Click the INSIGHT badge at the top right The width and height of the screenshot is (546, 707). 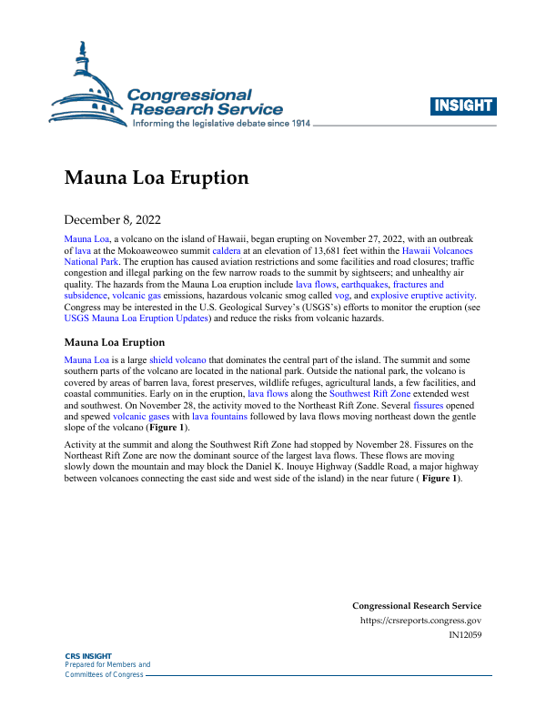pyautogui.click(x=463, y=106)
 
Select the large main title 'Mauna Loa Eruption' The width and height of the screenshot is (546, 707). pyautogui.click(x=157, y=177)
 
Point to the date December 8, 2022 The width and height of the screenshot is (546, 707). pyautogui.click(x=112, y=219)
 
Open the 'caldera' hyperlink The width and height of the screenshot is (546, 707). pyautogui.click(x=228, y=248)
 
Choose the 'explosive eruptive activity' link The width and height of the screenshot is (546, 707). pyautogui.click(x=424, y=296)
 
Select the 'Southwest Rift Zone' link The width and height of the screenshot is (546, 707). pyautogui.click(x=370, y=396)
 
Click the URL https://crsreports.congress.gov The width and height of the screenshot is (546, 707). pyautogui.click(x=421, y=621)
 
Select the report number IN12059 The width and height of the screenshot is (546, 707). pyautogui.click(x=465, y=636)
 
